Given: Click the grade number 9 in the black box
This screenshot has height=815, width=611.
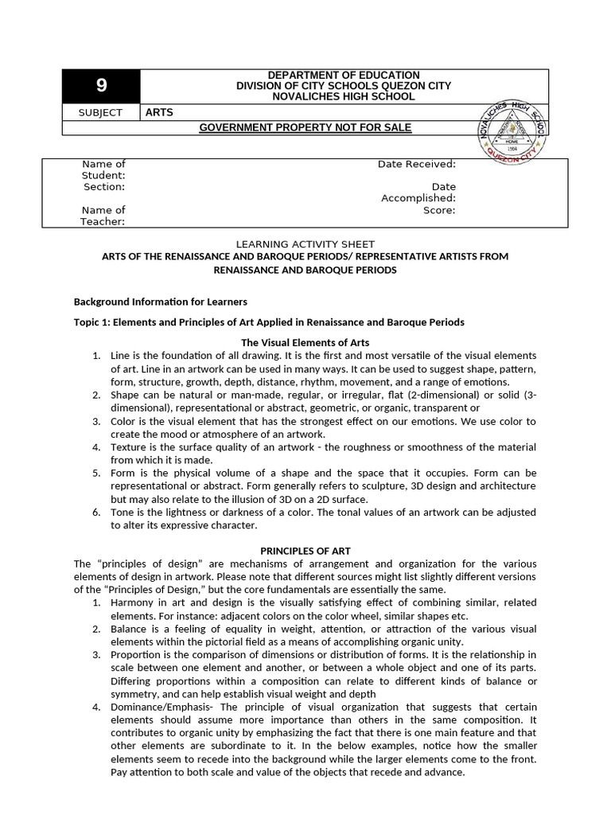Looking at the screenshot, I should pyautogui.click(x=101, y=86).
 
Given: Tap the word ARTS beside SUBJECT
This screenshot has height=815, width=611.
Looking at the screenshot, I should pyautogui.click(x=159, y=112).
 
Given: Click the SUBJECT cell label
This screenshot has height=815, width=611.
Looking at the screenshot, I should pyautogui.click(x=101, y=112).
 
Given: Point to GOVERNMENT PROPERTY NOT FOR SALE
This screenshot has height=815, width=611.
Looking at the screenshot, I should pyautogui.click(x=305, y=127).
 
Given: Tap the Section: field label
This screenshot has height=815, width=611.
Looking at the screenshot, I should pyautogui.click(x=104, y=187).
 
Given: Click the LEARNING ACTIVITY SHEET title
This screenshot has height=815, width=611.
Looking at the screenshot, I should pyautogui.click(x=305, y=244).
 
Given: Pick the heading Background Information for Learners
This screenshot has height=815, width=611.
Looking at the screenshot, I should pyautogui.click(x=161, y=302).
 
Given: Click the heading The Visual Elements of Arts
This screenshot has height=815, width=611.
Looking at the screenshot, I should pyautogui.click(x=305, y=342).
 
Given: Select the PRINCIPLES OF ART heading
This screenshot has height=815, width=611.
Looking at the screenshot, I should pyautogui.click(x=305, y=551).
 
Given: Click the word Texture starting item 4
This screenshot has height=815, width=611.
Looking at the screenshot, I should pyautogui.click(x=129, y=447).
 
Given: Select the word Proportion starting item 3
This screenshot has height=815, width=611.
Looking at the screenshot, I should pyautogui.click(x=136, y=654).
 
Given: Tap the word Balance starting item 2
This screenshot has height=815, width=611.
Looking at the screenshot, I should pyautogui.click(x=130, y=629).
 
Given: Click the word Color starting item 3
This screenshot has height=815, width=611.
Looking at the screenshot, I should pyautogui.click(x=124, y=421).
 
